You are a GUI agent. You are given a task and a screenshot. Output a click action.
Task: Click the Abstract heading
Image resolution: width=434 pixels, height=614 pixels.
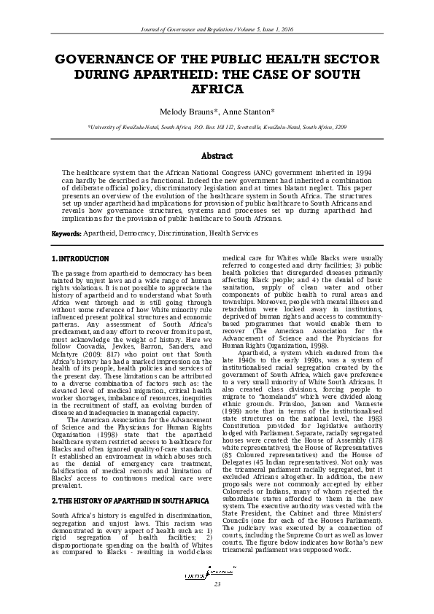click(217, 156)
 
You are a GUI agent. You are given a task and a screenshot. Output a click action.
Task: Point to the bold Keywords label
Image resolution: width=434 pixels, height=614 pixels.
click(66, 233)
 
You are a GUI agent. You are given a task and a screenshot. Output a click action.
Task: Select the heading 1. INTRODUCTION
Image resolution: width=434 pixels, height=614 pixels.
click(80, 259)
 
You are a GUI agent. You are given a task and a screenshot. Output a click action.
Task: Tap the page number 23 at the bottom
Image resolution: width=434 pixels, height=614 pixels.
click(217, 605)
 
